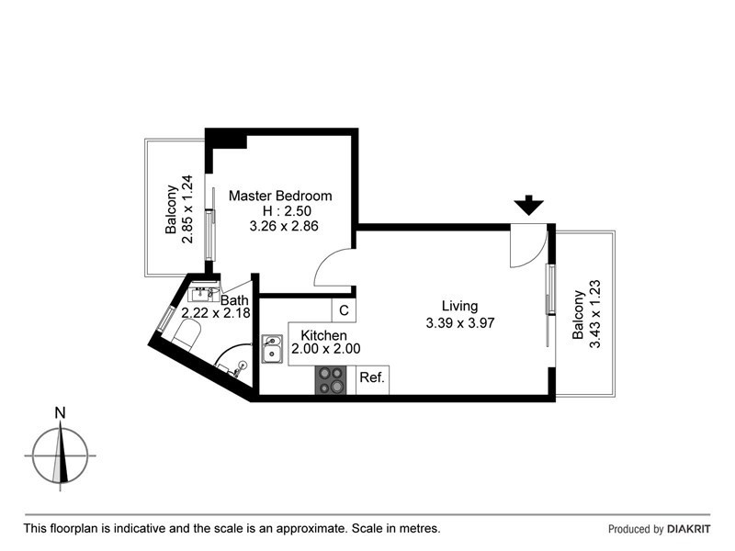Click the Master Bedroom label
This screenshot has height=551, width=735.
pos(280,196)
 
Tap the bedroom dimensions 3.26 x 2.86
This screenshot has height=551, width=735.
pos(284,226)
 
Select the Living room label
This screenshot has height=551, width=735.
pos(459,306)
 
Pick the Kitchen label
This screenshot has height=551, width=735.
pos(324,335)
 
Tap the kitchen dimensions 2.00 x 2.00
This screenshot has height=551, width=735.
pos(325,349)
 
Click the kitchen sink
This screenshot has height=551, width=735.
pos(273,349)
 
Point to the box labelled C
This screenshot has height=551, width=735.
pos(343,310)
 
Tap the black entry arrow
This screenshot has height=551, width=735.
pos(528,206)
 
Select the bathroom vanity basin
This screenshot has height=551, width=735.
pos(201,294)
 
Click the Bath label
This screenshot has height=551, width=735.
pos(234,299)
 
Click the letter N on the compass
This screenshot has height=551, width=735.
pos(61,413)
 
